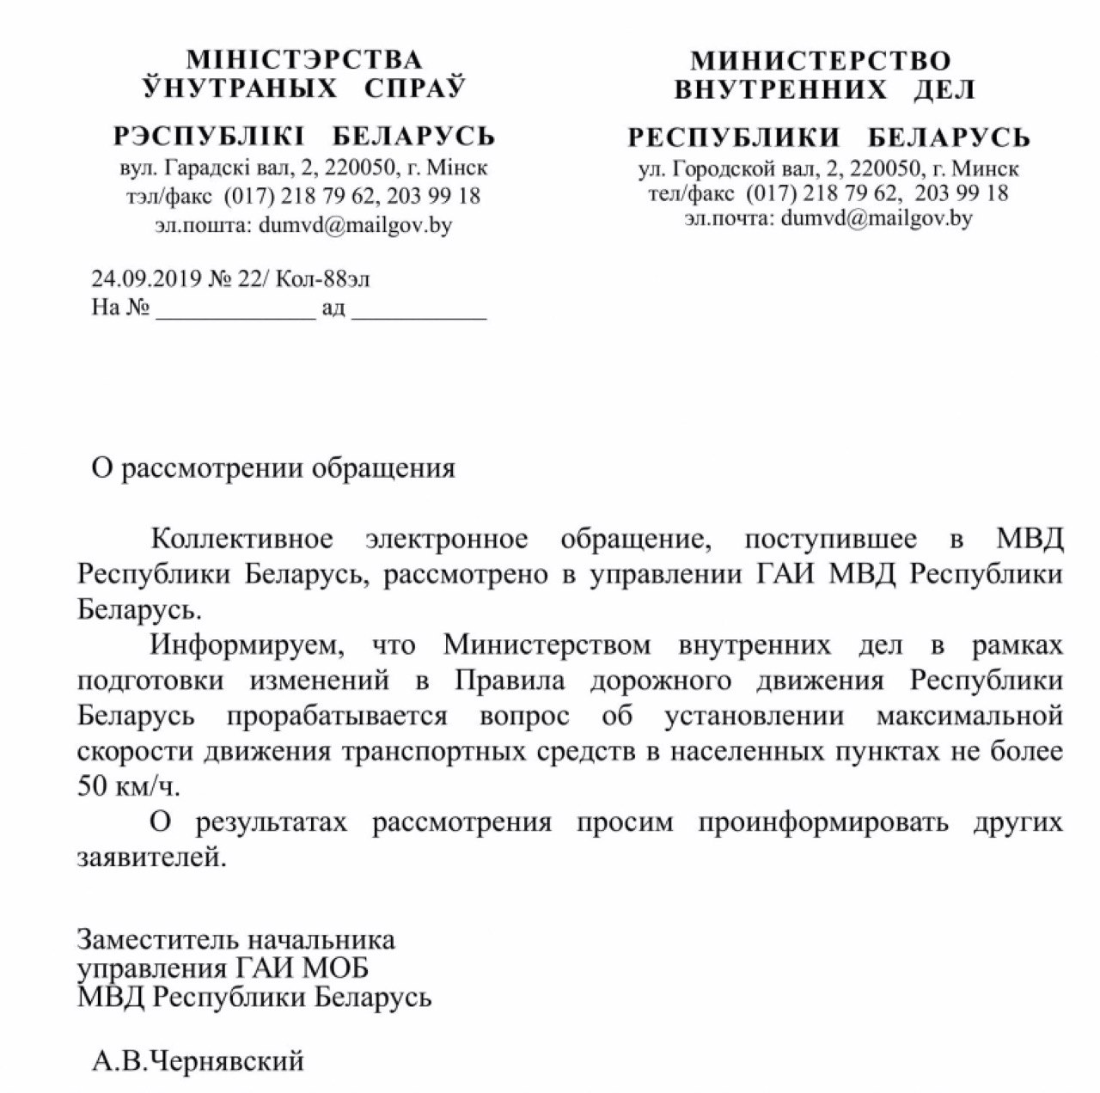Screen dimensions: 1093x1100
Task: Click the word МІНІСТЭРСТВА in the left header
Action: [x=304, y=60]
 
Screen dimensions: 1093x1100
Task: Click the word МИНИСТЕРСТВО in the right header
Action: [x=821, y=60]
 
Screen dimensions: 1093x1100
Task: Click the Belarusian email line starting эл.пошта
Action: [x=303, y=225]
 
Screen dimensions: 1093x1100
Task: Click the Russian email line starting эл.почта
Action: [x=828, y=218]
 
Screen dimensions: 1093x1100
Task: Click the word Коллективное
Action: [x=241, y=540]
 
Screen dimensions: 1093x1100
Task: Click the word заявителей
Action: [x=152, y=858]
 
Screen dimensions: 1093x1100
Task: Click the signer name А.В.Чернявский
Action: [x=199, y=1061]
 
